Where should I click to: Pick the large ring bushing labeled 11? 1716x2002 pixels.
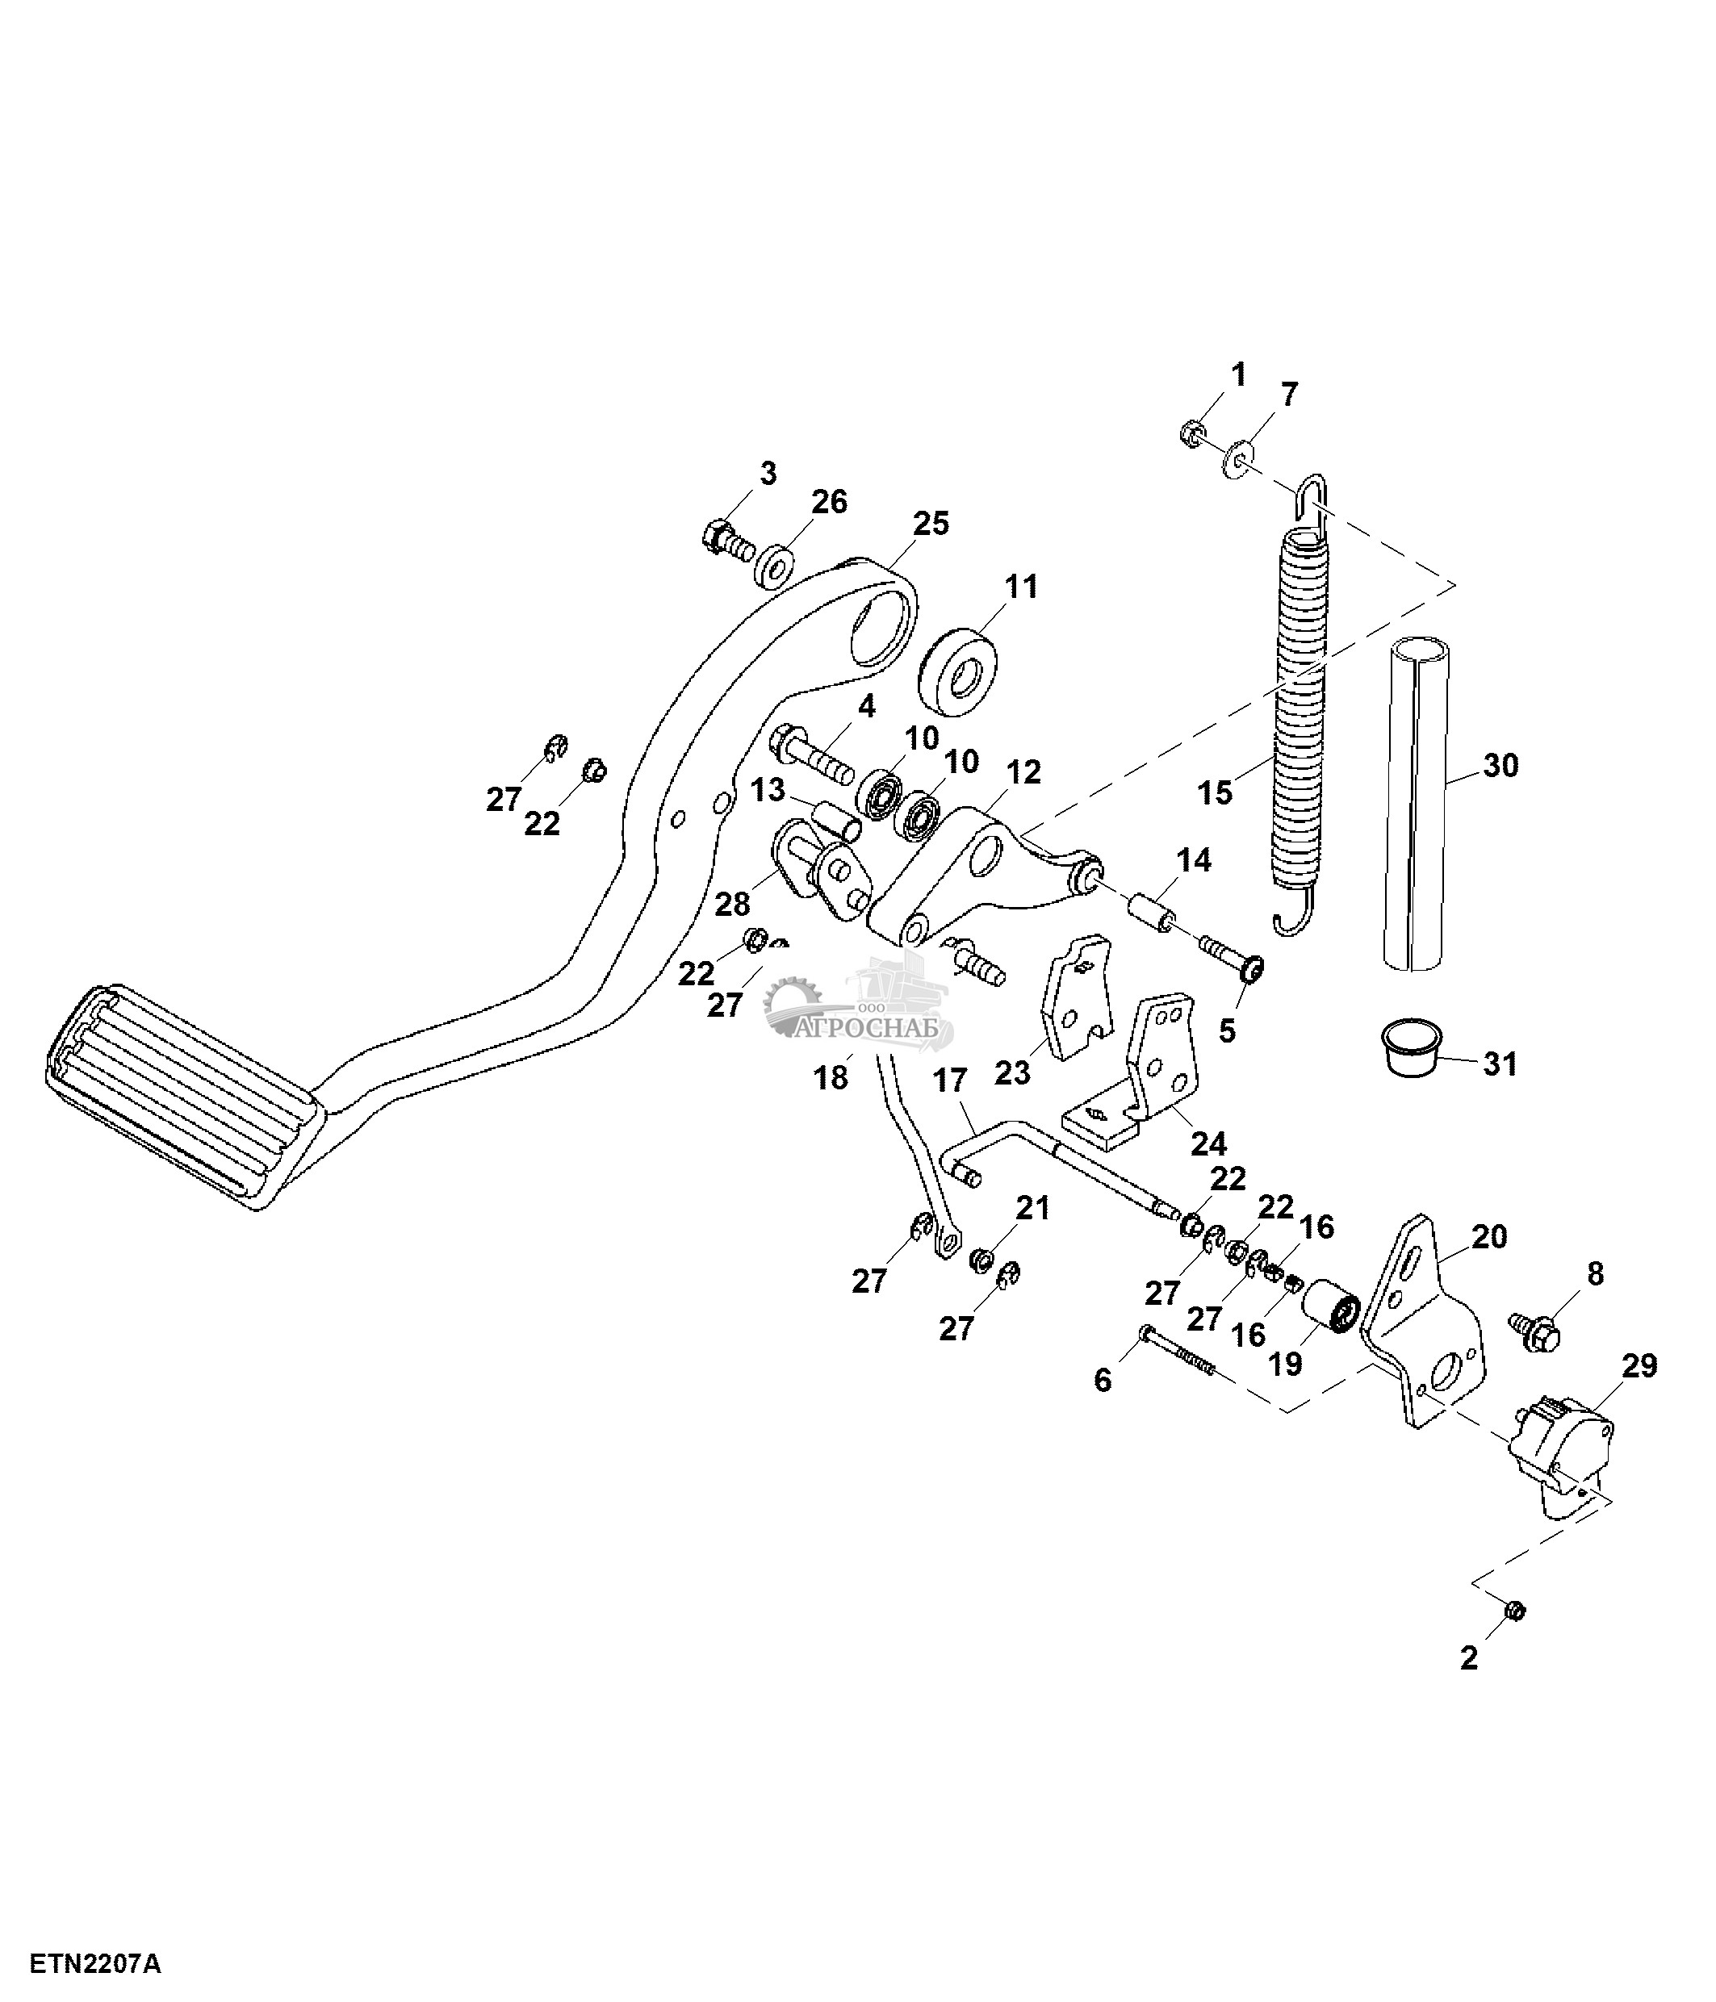957,671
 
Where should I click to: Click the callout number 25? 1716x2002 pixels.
931,524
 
